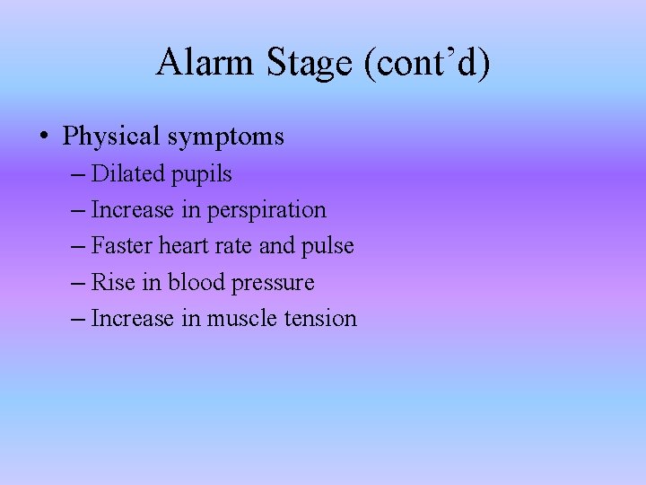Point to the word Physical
pos(112,137)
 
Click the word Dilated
pos(127,173)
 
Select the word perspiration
pos(267,211)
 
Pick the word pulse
pos(330,246)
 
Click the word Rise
pos(113,282)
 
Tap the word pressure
pos(273,284)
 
